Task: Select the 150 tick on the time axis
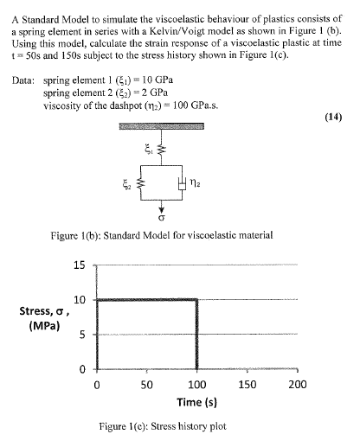pos(247,383)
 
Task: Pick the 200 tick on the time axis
pos(298,383)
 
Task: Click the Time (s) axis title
pos(197,402)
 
